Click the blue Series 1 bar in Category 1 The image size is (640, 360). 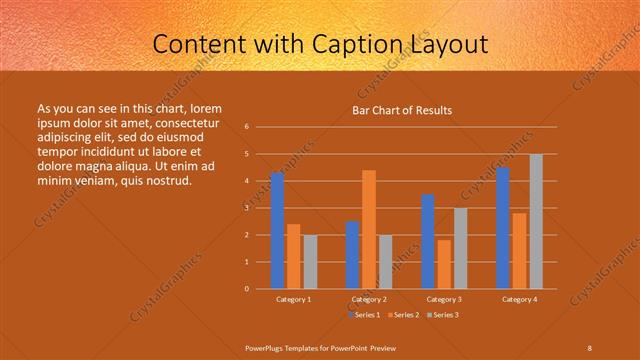(x=277, y=231)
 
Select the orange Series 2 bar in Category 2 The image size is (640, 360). (x=369, y=229)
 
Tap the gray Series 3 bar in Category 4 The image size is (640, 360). (x=536, y=221)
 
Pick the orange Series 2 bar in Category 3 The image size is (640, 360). (x=444, y=264)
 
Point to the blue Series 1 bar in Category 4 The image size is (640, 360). (x=503, y=228)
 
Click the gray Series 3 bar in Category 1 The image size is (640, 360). (x=310, y=261)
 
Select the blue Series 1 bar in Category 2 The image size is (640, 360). (x=352, y=255)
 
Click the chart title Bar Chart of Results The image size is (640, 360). (x=402, y=110)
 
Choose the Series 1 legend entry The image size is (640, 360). (x=366, y=315)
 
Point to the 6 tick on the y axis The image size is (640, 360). (x=247, y=127)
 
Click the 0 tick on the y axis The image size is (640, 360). (x=247, y=289)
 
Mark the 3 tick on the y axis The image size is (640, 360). (x=247, y=208)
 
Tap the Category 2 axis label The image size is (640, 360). (x=369, y=299)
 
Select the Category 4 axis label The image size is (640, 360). (x=519, y=299)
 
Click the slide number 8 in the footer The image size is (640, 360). (x=589, y=347)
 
